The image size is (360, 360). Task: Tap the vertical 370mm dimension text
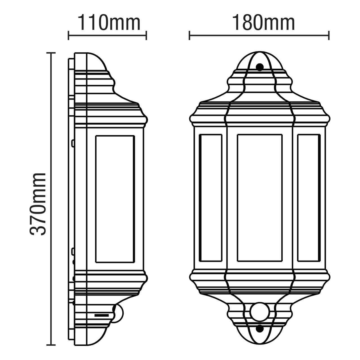pyautogui.click(x=38, y=204)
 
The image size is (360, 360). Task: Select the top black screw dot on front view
pyautogui.click(x=260, y=67)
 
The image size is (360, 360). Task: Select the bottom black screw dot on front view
pyautogui.click(x=260, y=328)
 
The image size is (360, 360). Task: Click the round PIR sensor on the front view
pyautogui.click(x=260, y=311)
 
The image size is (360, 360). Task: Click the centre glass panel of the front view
pyautogui.click(x=260, y=198)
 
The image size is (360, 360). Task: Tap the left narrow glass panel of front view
pyautogui.click(x=211, y=198)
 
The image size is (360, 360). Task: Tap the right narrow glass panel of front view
pyautogui.click(x=309, y=198)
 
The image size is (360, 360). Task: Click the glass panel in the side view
pyautogui.click(x=115, y=199)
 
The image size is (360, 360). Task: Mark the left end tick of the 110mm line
pyautogui.click(x=69, y=35)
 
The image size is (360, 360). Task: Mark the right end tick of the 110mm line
pyautogui.click(x=146, y=35)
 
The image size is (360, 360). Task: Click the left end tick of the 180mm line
pyautogui.click(x=190, y=35)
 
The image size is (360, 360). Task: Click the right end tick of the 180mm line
pyautogui.click(x=329, y=35)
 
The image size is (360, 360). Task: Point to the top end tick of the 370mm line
pyautogui.click(x=51, y=53)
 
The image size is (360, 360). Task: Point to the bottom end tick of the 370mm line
pyautogui.click(x=51, y=345)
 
